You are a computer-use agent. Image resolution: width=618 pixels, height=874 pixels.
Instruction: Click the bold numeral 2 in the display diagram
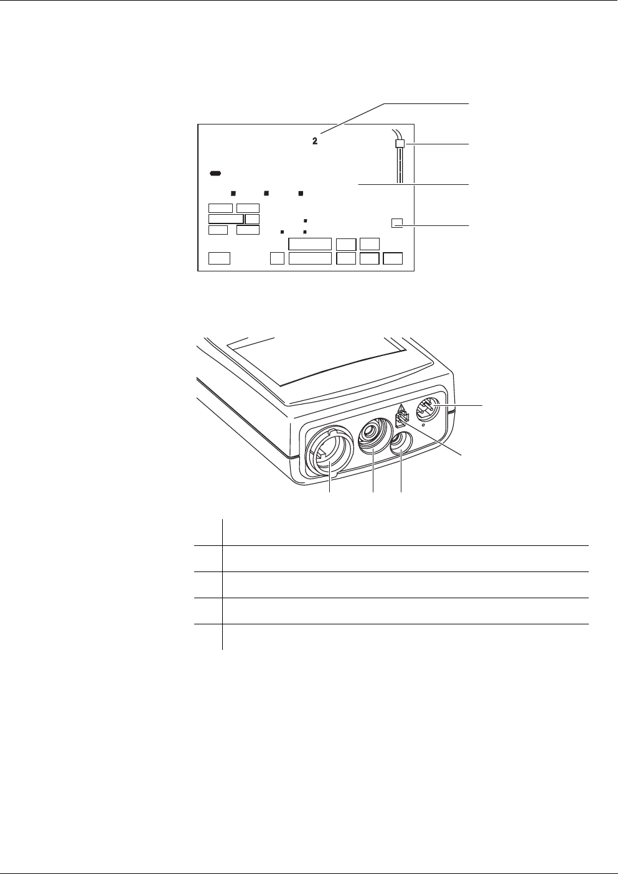coord(315,142)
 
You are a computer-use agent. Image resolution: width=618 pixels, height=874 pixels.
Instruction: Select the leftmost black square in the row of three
coord(233,193)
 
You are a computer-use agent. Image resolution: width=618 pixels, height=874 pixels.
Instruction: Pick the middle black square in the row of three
coord(266,193)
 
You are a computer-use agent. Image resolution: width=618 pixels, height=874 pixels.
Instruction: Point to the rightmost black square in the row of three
coord(300,193)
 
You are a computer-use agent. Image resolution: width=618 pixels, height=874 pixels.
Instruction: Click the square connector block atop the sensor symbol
coord(400,144)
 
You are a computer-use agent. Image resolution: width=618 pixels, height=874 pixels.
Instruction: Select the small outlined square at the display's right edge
coord(397,222)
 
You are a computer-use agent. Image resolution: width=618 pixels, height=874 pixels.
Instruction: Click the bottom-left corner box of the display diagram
coord(219,258)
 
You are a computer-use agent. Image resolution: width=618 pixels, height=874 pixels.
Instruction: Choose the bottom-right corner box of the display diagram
coord(393,258)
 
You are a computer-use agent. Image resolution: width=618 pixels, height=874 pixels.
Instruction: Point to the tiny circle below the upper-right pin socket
coord(423,426)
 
